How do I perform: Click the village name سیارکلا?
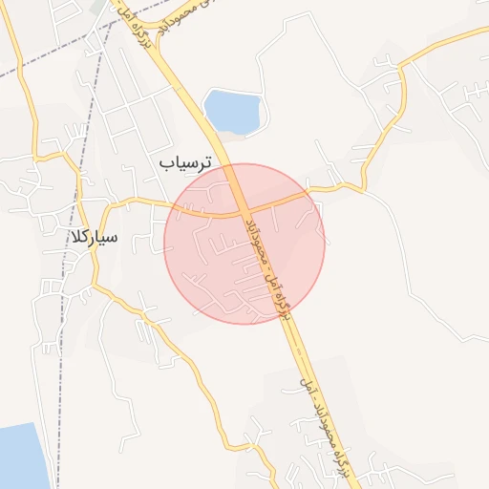[x=94, y=236]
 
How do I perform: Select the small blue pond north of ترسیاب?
[x=232, y=111]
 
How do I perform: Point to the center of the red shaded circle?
[x=244, y=244]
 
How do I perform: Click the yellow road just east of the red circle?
[x=339, y=188]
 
